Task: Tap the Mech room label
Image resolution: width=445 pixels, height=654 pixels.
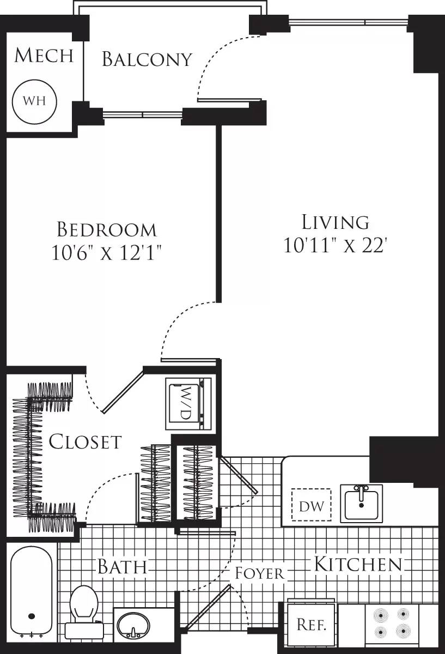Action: pyautogui.click(x=44, y=56)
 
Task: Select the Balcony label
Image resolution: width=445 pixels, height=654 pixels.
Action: pyautogui.click(x=147, y=59)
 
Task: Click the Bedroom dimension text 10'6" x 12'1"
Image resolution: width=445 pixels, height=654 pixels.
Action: pyautogui.click(x=107, y=253)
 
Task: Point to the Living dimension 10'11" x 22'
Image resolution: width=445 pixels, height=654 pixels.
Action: pyautogui.click(x=335, y=245)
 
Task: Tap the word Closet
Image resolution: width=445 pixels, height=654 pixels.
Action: pyautogui.click(x=85, y=441)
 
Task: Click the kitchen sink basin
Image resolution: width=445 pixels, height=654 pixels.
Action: pyautogui.click(x=361, y=503)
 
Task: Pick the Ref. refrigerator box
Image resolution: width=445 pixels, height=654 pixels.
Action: pyautogui.click(x=311, y=625)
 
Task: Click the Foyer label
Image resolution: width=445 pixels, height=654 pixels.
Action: pyautogui.click(x=259, y=573)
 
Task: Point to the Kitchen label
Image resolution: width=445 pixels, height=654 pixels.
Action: pyautogui.click(x=358, y=564)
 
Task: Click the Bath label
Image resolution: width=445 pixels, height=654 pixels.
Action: pyautogui.click(x=122, y=567)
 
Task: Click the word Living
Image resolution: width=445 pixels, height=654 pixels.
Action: pyautogui.click(x=336, y=222)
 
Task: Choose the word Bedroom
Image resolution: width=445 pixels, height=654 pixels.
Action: pyautogui.click(x=107, y=229)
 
